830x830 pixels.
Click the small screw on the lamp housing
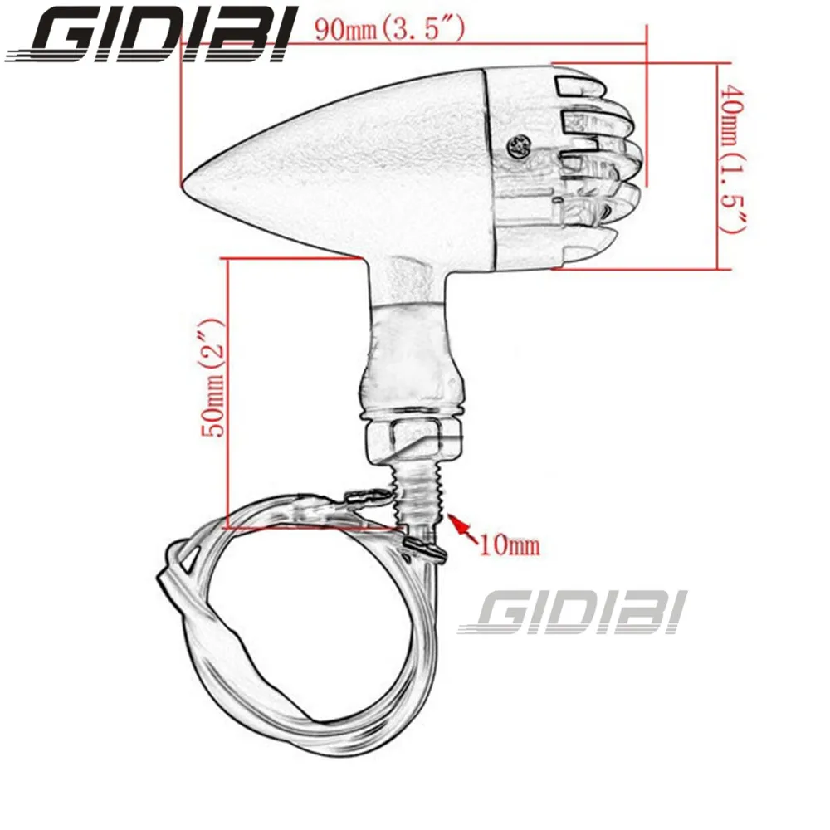tap(521, 146)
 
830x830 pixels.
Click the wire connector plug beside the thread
tap(363, 499)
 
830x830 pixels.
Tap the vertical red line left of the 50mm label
tap(227, 390)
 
